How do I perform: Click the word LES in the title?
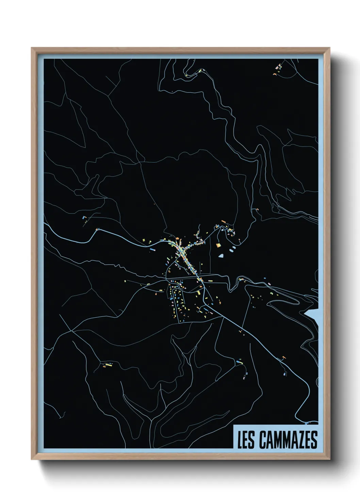tap(246, 440)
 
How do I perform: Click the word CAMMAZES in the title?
tap(288, 440)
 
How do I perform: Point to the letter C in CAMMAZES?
tap(263, 440)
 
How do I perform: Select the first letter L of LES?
tap(239, 440)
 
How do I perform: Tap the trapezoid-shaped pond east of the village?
tap(222, 255)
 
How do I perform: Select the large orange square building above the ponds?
tap(218, 245)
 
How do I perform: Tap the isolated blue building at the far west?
tap(84, 217)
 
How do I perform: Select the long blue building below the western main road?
tap(152, 250)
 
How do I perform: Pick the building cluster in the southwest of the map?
tap(106, 365)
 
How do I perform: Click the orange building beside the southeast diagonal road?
tap(283, 357)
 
